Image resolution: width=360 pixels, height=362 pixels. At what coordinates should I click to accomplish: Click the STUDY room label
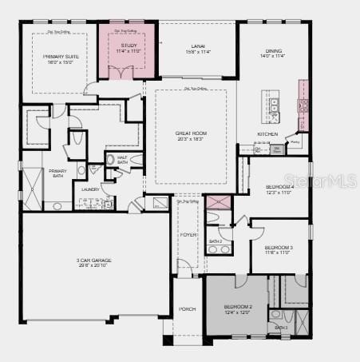129,46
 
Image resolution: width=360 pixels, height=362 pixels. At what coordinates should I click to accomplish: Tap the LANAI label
198,46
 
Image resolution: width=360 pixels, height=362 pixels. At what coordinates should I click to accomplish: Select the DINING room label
272,50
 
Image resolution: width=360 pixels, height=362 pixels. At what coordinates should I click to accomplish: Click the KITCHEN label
267,133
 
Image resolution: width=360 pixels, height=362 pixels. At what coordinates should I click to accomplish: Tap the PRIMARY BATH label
57,173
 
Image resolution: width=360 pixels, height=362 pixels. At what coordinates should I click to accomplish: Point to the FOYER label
188,235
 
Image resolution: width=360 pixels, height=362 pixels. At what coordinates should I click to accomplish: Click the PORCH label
188,308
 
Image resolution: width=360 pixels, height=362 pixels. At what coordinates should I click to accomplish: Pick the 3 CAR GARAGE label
94,261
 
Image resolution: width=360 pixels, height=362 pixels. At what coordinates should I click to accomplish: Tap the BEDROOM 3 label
279,248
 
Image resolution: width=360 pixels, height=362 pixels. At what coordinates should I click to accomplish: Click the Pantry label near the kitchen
295,142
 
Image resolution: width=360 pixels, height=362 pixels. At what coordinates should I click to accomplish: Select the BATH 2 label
216,241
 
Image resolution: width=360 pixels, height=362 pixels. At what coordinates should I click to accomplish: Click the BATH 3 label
281,328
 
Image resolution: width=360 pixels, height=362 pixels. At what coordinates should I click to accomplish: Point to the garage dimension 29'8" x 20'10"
94,267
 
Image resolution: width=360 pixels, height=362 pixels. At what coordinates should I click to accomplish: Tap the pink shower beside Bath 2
217,201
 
